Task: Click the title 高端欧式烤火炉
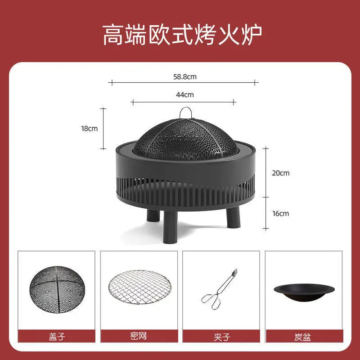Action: [x=182, y=35]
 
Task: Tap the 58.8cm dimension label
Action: [x=185, y=76]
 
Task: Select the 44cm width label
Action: [x=185, y=94]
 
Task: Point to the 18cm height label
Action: [x=89, y=129]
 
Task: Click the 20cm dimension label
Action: [x=280, y=173]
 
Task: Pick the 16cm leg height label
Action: [x=280, y=213]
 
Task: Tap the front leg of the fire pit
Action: [x=170, y=227]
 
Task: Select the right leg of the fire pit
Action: [x=233, y=217]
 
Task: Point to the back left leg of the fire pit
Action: [x=153, y=216]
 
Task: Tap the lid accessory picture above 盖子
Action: [x=57, y=289]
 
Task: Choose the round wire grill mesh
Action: [x=140, y=287]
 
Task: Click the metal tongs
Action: [x=220, y=289]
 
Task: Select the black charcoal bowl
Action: [x=304, y=292]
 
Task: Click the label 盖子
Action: [x=57, y=337]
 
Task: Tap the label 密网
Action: [x=139, y=336]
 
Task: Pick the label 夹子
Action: [x=221, y=337]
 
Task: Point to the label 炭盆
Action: [x=302, y=337]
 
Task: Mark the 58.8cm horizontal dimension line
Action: [x=183, y=83]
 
